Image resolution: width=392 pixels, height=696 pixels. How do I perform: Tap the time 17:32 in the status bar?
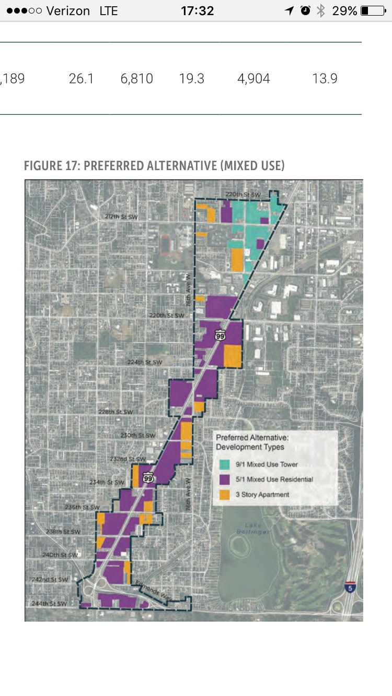[197, 10]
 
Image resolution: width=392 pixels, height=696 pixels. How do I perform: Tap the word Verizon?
[68, 10]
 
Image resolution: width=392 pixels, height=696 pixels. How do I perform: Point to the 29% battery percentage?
[345, 10]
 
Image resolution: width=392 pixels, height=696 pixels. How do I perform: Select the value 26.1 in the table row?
[81, 79]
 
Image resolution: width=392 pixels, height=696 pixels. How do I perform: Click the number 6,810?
[136, 79]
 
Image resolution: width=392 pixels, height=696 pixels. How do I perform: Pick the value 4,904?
[253, 79]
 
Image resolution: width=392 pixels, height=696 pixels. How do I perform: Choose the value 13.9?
[325, 79]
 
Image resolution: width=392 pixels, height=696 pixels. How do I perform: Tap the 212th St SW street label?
[122, 216]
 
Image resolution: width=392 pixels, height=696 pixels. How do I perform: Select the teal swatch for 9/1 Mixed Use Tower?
[225, 464]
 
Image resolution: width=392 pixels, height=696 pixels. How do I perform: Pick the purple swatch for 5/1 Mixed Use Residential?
[225, 479]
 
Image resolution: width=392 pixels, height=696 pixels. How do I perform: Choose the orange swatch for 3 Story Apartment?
[225, 495]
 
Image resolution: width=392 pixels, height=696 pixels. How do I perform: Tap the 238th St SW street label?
[63, 532]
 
